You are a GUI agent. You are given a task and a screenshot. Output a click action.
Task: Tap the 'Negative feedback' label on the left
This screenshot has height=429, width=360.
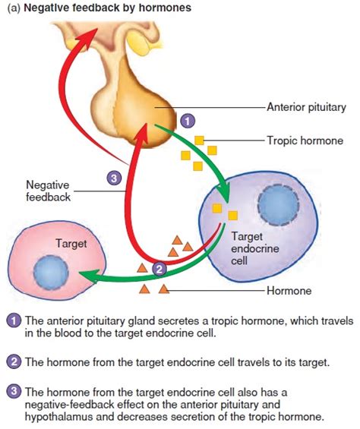point(48,191)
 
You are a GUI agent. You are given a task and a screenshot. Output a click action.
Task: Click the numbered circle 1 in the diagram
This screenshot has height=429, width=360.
point(188,120)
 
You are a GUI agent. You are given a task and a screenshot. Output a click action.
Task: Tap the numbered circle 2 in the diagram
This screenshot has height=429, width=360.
point(159,267)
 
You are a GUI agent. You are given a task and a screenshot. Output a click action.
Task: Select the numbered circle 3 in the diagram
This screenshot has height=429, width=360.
point(112,178)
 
